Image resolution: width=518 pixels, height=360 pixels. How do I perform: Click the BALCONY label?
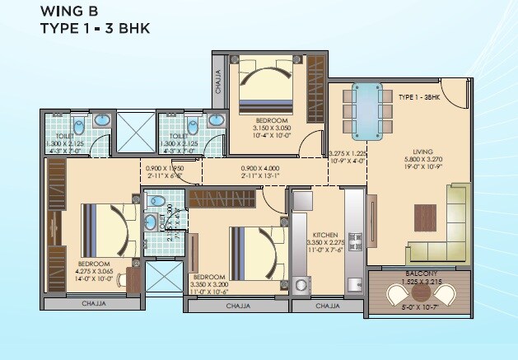click(420, 273)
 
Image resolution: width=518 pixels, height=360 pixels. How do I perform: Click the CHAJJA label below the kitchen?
click(328, 306)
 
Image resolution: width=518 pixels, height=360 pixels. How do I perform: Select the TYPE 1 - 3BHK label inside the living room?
click(418, 97)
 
